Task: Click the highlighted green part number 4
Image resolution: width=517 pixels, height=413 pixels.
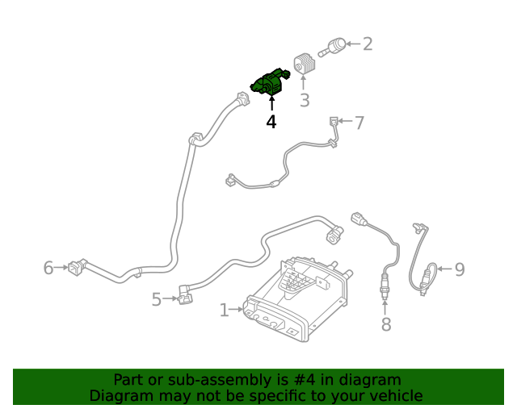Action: [271, 82]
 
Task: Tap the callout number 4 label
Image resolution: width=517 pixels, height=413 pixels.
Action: [271, 122]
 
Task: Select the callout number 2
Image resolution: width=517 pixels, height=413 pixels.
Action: [368, 44]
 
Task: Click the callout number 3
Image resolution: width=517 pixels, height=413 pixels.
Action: [305, 100]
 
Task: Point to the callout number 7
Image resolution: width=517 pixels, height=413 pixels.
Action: [359, 123]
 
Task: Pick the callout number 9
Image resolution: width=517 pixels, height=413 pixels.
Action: [460, 269]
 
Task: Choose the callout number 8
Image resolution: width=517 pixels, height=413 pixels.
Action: [386, 324]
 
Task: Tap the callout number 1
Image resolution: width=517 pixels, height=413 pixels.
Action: [225, 311]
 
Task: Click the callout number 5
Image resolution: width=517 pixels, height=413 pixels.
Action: [157, 300]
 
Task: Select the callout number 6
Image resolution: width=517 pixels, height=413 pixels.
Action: [48, 268]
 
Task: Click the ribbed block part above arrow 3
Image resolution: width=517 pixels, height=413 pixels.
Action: [305, 65]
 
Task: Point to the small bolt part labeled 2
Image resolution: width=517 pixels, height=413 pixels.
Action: [332, 47]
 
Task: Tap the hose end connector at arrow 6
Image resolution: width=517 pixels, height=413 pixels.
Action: [78, 266]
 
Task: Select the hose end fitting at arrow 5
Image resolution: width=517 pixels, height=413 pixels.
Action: [185, 295]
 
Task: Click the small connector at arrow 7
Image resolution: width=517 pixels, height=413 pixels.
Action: [334, 121]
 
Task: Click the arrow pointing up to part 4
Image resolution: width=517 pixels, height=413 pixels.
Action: [272, 102]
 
